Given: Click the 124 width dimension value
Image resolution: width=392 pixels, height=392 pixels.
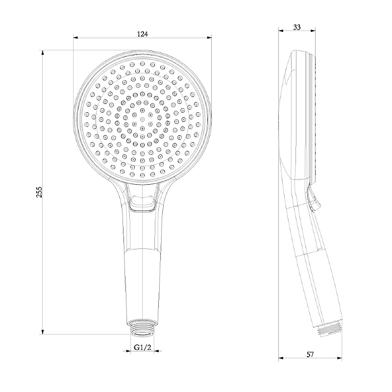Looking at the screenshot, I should point(142,34).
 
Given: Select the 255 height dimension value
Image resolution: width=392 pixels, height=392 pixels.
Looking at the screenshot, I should point(39,192).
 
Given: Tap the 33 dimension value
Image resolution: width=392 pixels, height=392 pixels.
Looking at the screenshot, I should point(297,27).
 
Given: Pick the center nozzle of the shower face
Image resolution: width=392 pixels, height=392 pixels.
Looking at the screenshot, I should point(142,119).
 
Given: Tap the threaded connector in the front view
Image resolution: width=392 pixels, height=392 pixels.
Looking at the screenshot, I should point(142,327).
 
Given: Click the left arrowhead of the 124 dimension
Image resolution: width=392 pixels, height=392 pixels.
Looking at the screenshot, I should point(75,38).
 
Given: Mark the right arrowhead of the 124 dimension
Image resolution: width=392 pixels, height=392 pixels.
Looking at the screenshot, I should point(209,38).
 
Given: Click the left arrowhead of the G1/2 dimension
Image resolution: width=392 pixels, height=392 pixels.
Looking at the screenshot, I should point(128,352).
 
